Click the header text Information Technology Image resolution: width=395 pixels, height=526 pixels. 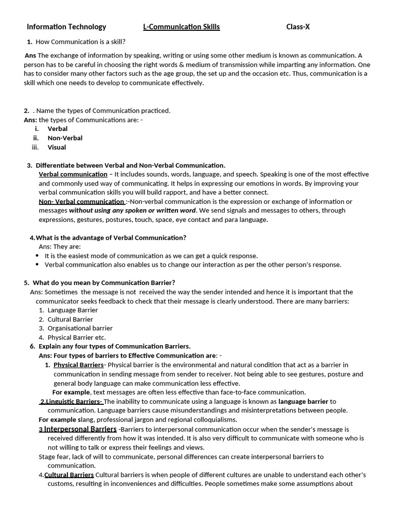click(x=66, y=27)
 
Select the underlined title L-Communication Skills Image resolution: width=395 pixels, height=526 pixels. click(x=181, y=27)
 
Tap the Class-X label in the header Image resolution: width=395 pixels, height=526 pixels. click(x=298, y=27)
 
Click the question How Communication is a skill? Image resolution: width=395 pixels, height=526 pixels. click(x=80, y=42)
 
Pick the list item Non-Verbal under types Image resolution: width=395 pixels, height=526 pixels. click(x=65, y=138)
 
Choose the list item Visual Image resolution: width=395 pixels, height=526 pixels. click(x=57, y=147)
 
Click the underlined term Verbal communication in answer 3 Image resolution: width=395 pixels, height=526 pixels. click(x=73, y=174)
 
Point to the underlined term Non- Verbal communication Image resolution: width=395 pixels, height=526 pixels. click(x=82, y=201)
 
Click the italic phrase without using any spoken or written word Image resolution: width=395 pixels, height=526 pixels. click(x=132, y=210)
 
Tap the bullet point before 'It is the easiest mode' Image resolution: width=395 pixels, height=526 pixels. click(x=38, y=256)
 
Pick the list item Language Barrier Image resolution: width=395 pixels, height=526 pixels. click(x=73, y=310)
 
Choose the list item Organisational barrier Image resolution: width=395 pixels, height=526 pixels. click(x=80, y=328)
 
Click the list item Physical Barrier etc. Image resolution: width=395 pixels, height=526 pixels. click(x=76, y=337)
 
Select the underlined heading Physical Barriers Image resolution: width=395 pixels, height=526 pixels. click(x=78, y=365)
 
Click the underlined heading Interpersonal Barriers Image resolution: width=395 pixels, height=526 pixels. click(x=80, y=429)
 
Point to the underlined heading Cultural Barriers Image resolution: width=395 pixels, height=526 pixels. click(x=69, y=475)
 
